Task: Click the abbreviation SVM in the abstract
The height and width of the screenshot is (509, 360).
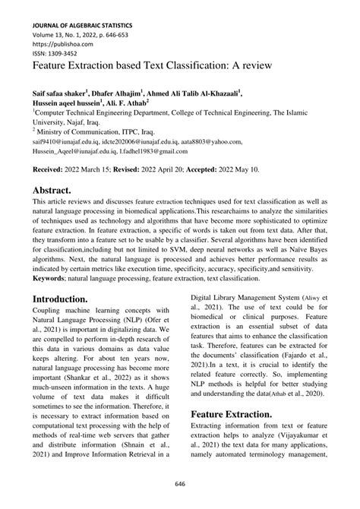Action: coord(216,238)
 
